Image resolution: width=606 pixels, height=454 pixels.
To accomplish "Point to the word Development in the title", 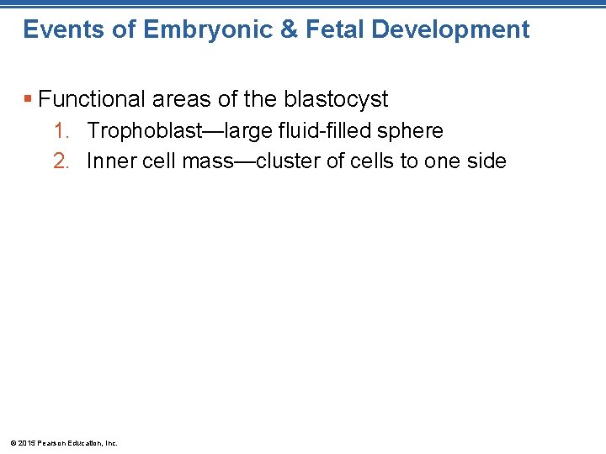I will [450, 30].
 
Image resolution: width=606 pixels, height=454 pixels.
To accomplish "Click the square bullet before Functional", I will [28, 100].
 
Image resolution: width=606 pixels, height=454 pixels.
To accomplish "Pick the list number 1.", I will [60, 131].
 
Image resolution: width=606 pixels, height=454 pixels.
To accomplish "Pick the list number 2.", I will [60, 161].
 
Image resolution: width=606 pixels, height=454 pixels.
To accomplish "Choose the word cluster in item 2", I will [289, 161].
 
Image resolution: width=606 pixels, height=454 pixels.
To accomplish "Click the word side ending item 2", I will [488, 161].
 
